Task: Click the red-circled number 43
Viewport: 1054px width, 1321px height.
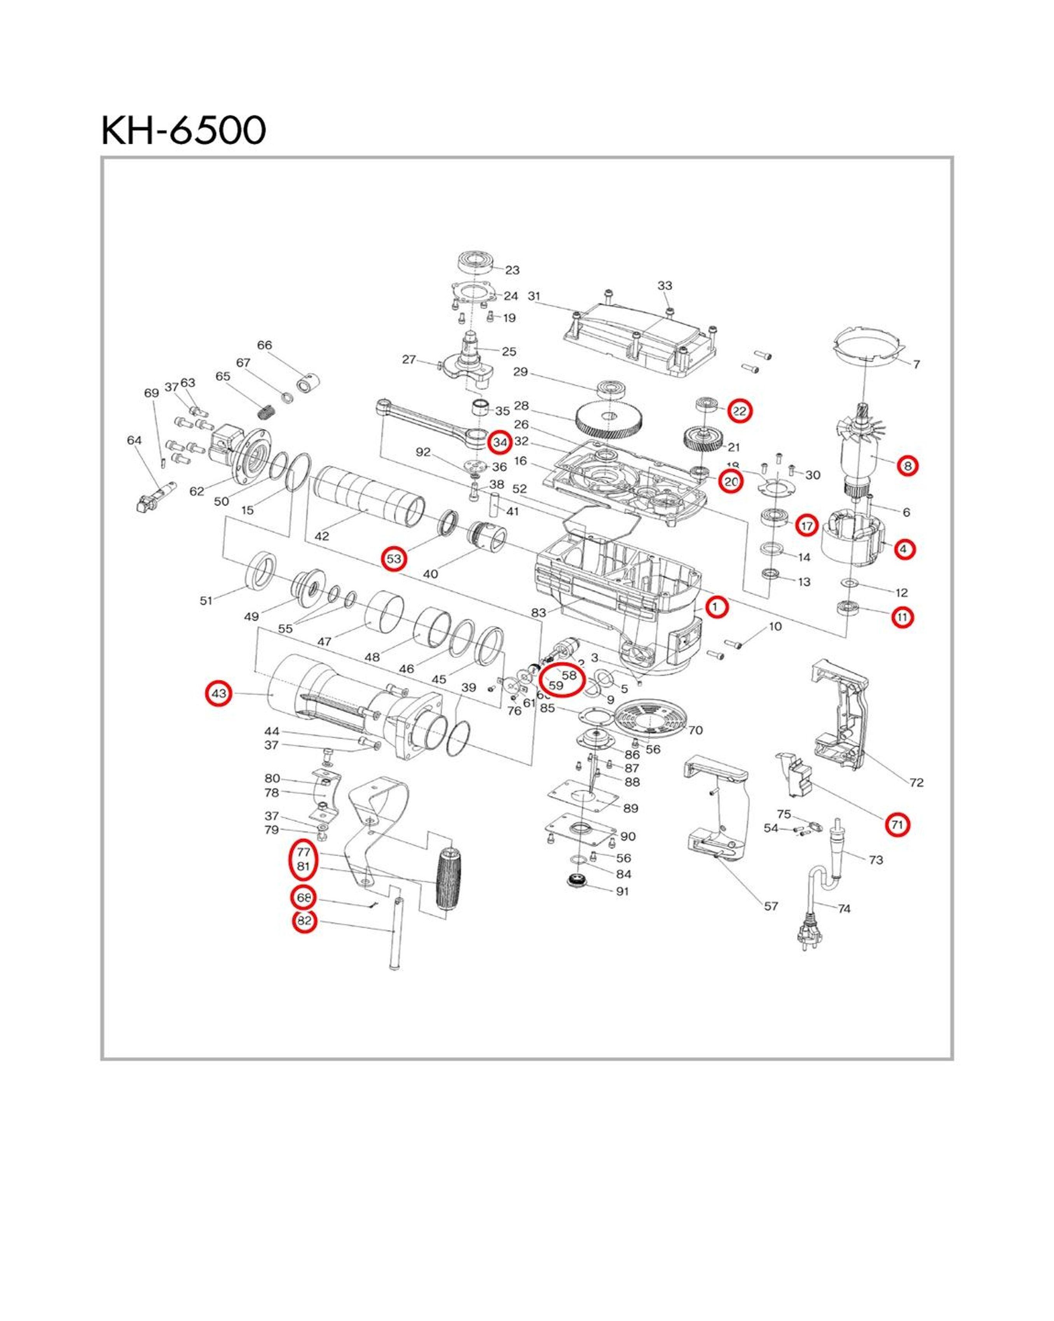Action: (x=219, y=694)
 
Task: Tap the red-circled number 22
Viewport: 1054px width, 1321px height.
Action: (x=740, y=411)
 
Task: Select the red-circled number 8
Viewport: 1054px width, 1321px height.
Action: (x=907, y=466)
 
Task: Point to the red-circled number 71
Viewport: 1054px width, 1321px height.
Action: (x=897, y=825)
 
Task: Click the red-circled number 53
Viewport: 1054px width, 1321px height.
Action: (x=393, y=559)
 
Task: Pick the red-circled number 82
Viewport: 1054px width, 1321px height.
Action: (x=304, y=921)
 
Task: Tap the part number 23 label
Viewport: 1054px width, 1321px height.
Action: (x=512, y=270)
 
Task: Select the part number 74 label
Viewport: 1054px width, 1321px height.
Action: (x=844, y=909)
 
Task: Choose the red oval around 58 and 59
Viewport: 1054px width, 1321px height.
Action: (x=561, y=680)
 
